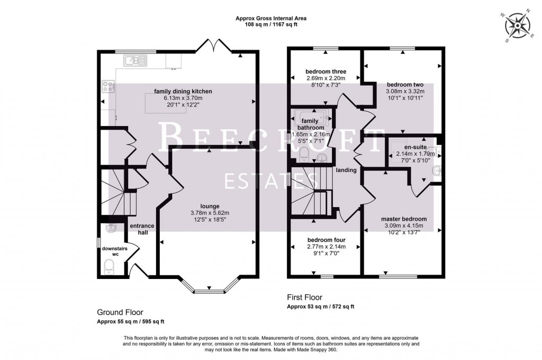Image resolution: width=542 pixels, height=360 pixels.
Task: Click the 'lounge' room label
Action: tap(210, 206)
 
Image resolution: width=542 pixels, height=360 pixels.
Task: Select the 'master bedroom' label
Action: tap(404, 219)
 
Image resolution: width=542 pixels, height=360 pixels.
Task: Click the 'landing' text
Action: tap(346, 170)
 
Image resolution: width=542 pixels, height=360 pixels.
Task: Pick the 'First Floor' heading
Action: tap(304, 298)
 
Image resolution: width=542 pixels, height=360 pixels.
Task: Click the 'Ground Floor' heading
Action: tap(120, 312)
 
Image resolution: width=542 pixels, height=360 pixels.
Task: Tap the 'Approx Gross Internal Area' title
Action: tap(271, 18)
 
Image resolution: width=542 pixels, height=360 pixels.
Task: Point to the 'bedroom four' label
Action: tap(326, 239)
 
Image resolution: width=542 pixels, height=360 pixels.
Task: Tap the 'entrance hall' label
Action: tap(142, 229)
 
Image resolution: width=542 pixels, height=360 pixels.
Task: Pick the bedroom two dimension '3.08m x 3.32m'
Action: tap(404, 91)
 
